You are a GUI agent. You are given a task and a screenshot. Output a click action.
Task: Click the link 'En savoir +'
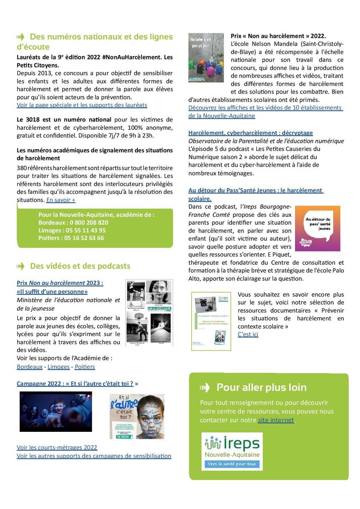tap(61, 200)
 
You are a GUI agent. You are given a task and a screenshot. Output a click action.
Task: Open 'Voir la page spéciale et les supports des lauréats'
tap(82, 105)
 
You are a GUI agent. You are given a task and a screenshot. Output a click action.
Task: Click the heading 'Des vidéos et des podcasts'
tap(80, 266)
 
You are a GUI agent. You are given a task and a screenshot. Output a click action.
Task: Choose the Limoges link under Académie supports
tap(59, 366)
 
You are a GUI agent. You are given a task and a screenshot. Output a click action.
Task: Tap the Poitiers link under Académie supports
tap(84, 366)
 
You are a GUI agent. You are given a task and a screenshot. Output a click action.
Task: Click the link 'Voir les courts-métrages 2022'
tap(57, 447)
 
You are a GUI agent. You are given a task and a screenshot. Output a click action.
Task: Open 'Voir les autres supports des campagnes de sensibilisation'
tap(94, 456)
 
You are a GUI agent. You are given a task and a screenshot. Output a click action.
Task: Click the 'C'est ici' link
tap(248, 334)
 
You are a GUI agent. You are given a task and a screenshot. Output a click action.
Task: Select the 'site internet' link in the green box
tap(276, 420)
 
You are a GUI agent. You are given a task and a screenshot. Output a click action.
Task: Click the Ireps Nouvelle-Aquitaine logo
tap(232, 451)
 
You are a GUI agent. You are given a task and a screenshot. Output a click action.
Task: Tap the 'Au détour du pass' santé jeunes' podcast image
tap(317, 228)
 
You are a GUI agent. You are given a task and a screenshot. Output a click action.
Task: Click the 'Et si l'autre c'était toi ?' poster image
tap(137, 416)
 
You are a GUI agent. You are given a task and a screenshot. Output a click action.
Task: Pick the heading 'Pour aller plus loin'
tap(261, 387)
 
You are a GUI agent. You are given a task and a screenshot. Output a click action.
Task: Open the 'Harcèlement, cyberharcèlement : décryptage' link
tap(250, 133)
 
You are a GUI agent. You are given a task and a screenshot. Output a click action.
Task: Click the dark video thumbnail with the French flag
tap(56, 411)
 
